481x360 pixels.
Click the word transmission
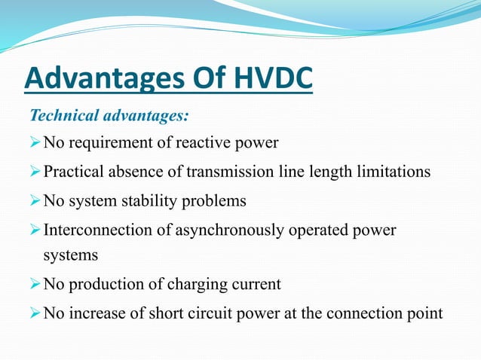coord(212,172)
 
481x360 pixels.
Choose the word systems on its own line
coord(70,255)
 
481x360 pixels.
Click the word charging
coord(201,284)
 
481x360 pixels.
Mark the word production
coord(102,284)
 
